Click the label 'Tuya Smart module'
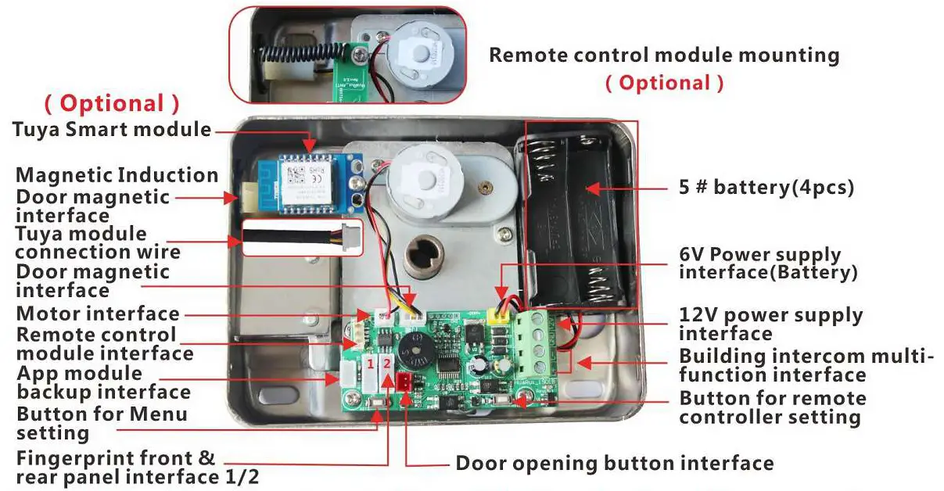tap(112, 129)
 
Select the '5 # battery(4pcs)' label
tap(766, 188)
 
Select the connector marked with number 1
tap(370, 373)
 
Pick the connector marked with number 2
tap(387, 373)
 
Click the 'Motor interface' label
tap(99, 314)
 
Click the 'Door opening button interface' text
tap(614, 464)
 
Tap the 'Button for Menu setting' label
tap(102, 423)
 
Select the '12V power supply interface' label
tap(770, 324)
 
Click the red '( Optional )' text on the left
tap(111, 103)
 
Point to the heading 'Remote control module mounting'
tap(664, 56)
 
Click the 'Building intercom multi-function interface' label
tap(806, 366)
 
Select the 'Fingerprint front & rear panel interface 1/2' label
tap(138, 468)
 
